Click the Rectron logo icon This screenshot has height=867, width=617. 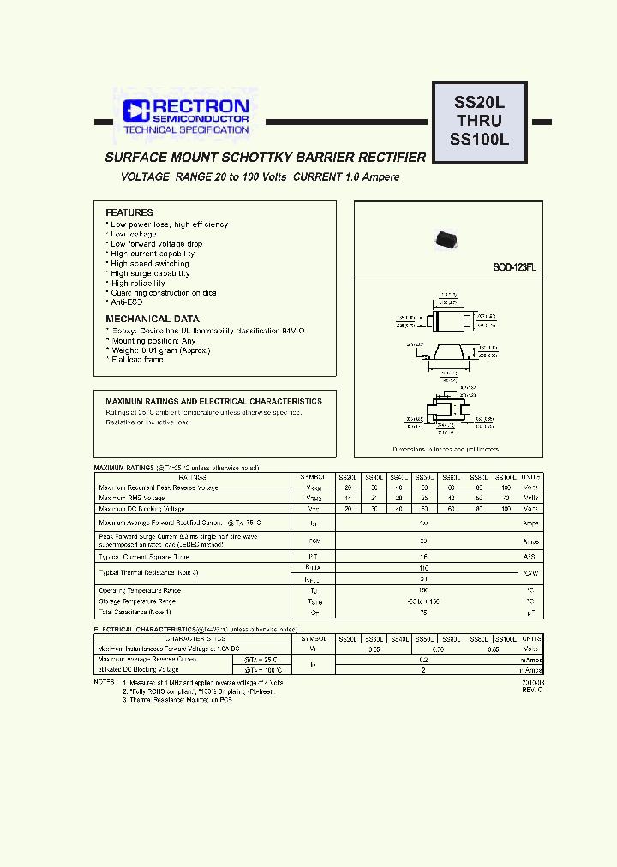point(135,111)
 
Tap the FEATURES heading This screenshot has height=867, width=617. point(129,212)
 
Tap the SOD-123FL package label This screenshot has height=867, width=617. point(514,267)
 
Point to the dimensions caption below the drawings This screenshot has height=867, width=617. point(446,449)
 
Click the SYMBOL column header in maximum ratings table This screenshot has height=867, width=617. point(314,476)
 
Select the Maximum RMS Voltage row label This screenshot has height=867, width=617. point(131,498)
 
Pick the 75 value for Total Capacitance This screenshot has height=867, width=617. point(423,613)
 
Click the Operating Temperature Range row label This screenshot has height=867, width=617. point(140,591)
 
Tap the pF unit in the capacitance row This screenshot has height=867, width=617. point(531,613)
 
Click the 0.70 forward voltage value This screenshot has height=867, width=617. point(437,649)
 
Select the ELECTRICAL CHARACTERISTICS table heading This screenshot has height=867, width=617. point(150,630)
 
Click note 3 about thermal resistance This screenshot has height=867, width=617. point(177,700)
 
